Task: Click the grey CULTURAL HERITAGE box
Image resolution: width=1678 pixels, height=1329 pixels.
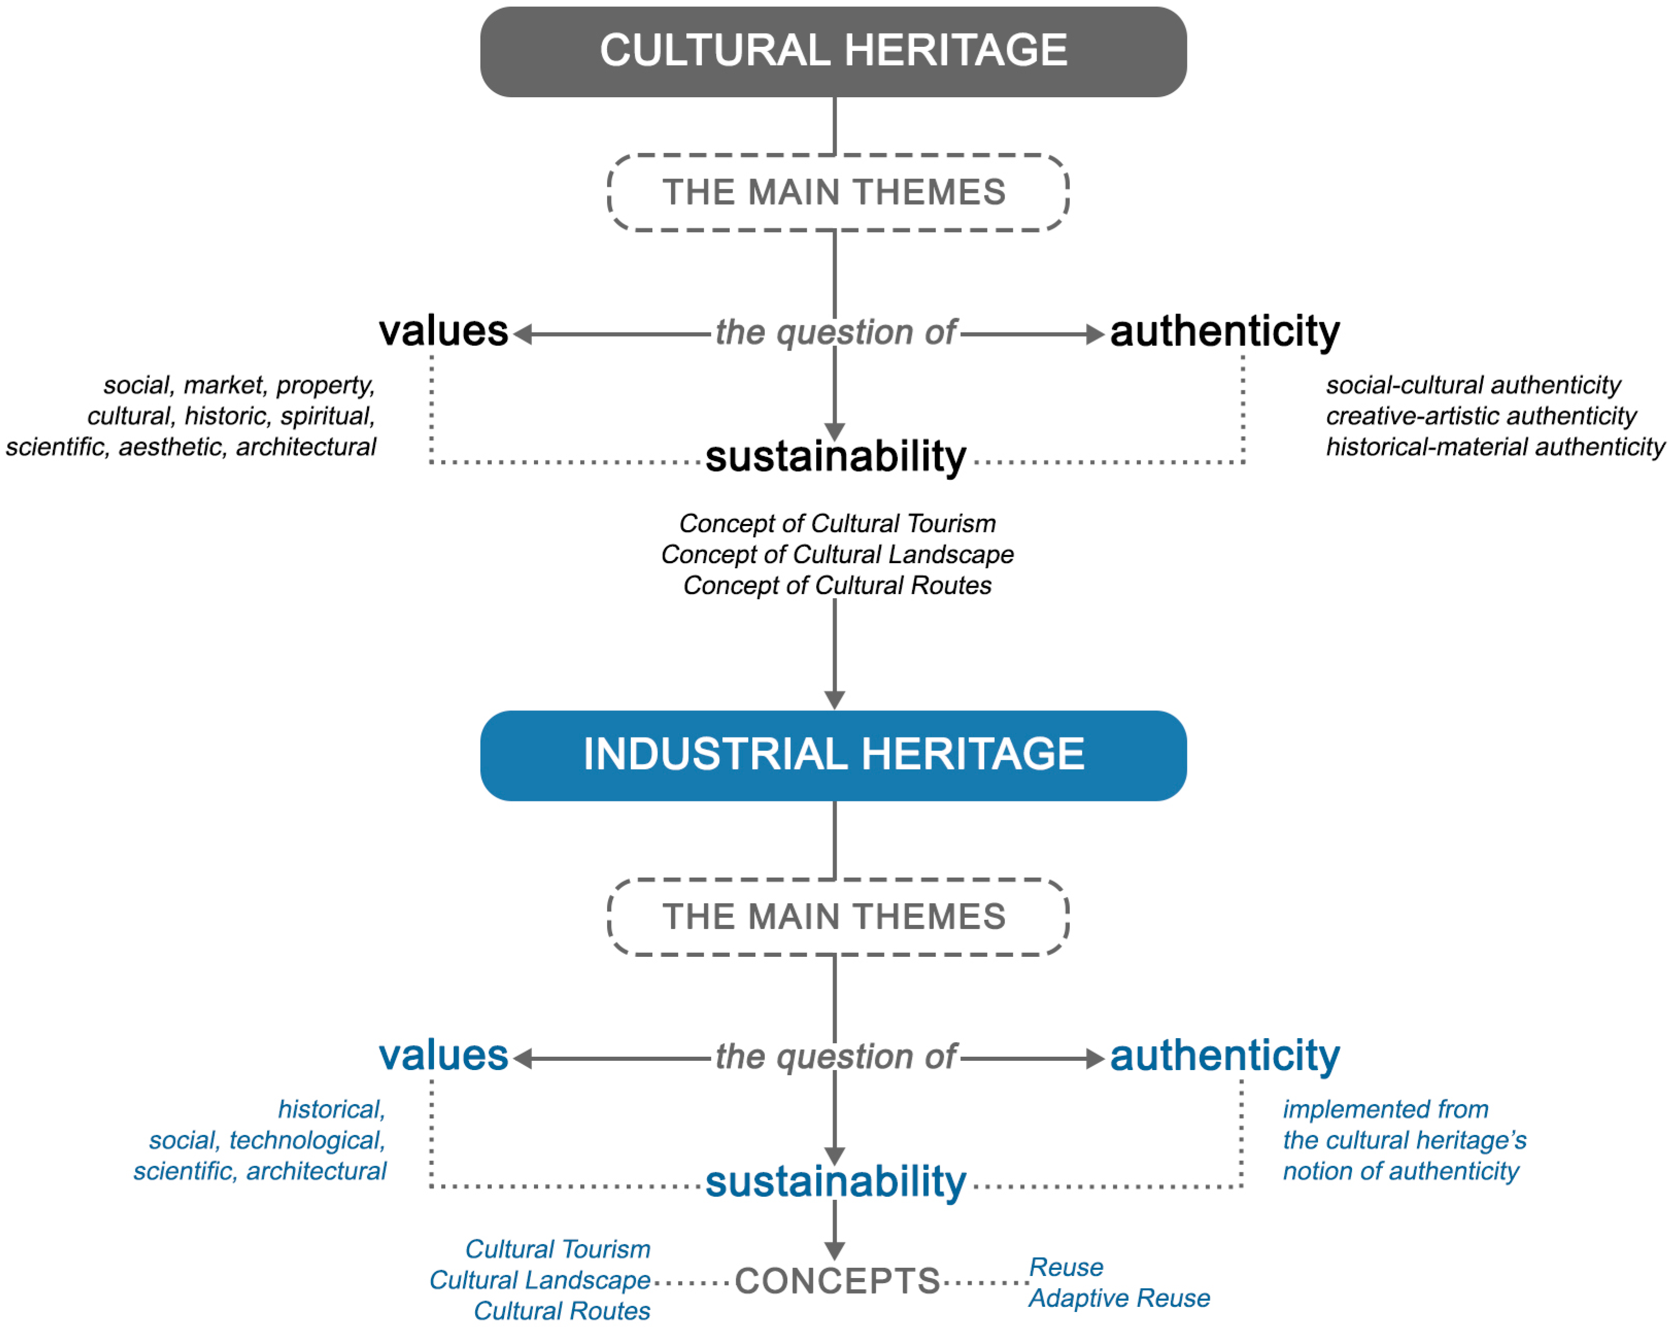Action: [833, 51]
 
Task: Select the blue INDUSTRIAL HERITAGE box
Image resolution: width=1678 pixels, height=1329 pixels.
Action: [833, 755]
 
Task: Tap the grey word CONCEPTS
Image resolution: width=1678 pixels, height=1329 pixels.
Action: [837, 1281]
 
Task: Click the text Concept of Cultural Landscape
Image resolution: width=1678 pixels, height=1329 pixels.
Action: [837, 555]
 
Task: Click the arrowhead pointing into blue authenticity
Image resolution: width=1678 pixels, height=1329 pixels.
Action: [1095, 1059]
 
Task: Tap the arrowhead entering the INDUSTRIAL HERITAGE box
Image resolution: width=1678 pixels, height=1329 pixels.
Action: [835, 700]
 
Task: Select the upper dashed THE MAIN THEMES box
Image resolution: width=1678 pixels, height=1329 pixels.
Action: [837, 192]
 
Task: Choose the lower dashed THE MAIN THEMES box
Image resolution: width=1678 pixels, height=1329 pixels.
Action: [837, 917]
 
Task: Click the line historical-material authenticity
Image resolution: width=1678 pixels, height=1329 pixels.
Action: [1494, 447]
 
